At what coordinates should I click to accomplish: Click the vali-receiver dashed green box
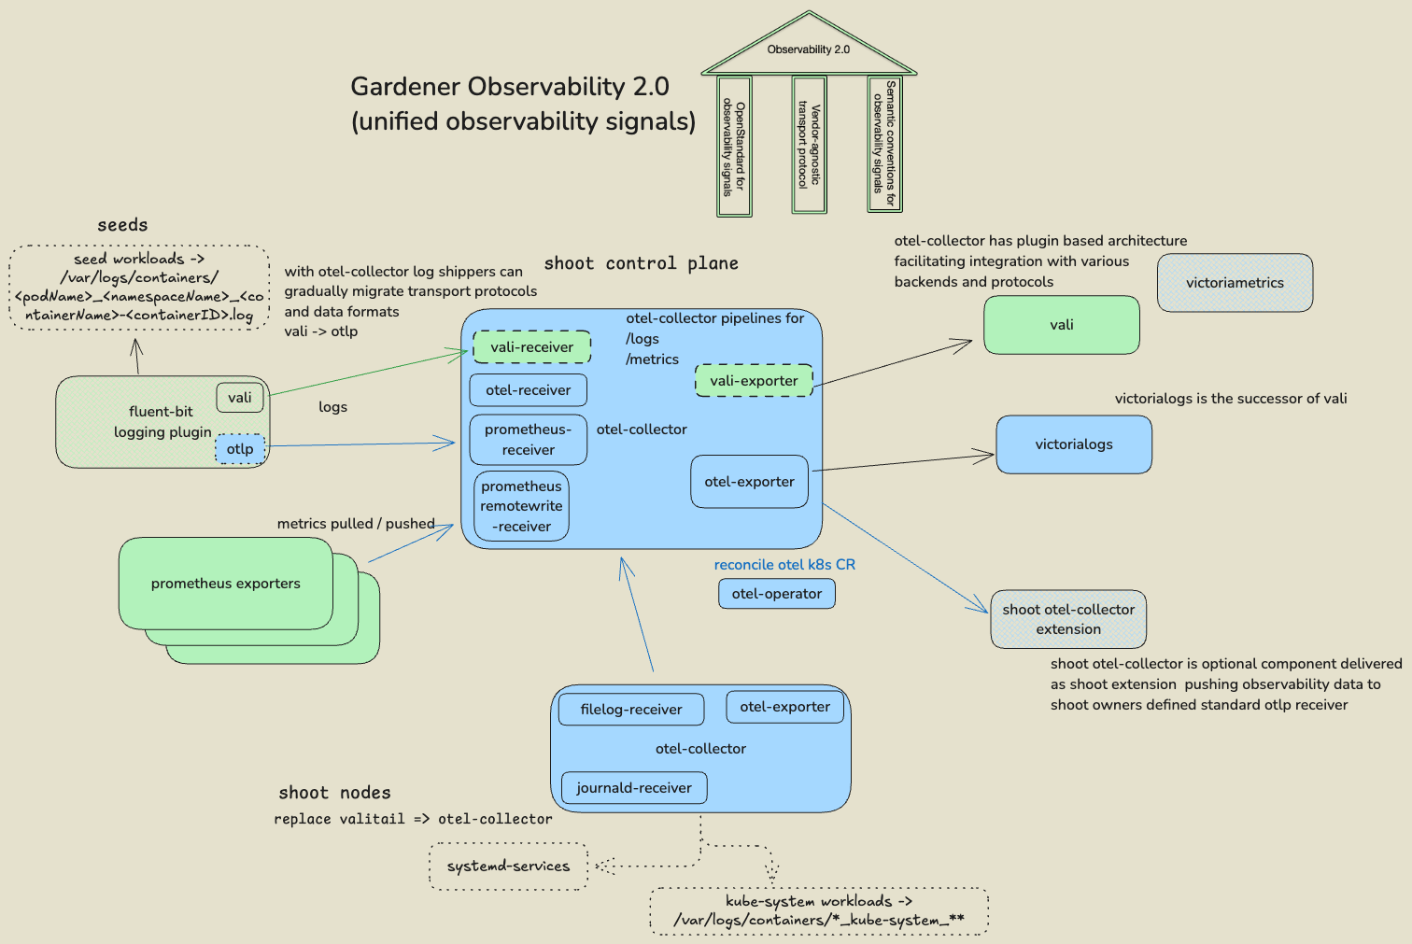pyautogui.click(x=531, y=347)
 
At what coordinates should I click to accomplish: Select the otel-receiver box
pyautogui.click(x=528, y=390)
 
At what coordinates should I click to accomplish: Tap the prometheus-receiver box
pyautogui.click(x=528, y=440)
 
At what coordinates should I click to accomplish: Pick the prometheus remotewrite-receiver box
pyautogui.click(x=521, y=506)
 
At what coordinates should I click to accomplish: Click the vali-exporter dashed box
pyautogui.click(x=754, y=381)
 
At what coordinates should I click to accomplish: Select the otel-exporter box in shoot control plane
pyautogui.click(x=749, y=482)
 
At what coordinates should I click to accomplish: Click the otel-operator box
pyautogui.click(x=776, y=594)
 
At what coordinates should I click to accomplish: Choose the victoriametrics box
pyautogui.click(x=1235, y=283)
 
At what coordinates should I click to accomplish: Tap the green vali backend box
pyautogui.click(x=1061, y=325)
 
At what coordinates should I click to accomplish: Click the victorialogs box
pyautogui.click(x=1073, y=444)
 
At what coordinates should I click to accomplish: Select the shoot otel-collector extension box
pyautogui.click(x=1068, y=619)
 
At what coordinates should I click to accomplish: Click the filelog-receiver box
pyautogui.click(x=630, y=710)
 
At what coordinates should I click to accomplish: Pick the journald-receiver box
pyautogui.click(x=633, y=788)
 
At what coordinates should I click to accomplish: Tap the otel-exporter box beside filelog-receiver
pyautogui.click(x=784, y=707)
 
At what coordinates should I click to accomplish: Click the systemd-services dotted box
pyautogui.click(x=508, y=867)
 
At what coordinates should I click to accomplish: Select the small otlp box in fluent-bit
pyautogui.click(x=240, y=449)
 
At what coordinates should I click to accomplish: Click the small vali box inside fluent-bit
pyautogui.click(x=240, y=398)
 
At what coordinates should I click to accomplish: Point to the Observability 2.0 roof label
pyautogui.click(x=808, y=49)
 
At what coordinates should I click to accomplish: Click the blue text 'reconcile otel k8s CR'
pyautogui.click(x=784, y=565)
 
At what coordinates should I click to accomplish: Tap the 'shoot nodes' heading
pyautogui.click(x=334, y=793)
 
